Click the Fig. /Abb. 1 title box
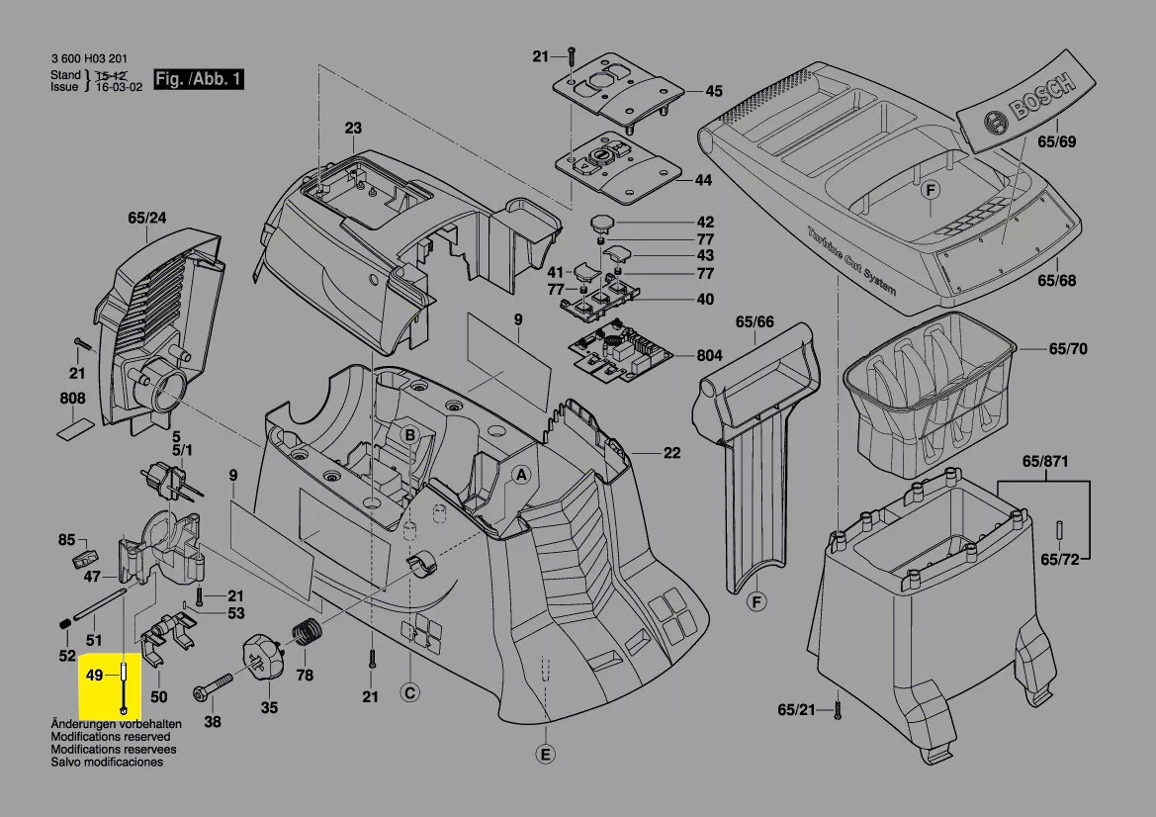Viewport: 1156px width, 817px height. coord(198,79)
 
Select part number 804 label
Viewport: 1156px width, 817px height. coord(709,356)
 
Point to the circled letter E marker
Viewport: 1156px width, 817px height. coord(544,755)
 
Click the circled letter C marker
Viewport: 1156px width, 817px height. coord(409,692)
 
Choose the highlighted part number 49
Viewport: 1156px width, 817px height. coord(95,675)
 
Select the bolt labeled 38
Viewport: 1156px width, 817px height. coord(213,683)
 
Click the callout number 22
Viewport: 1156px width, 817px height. coord(672,454)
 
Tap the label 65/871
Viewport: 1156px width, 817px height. coord(1045,462)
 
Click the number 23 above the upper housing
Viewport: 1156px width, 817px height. coord(353,128)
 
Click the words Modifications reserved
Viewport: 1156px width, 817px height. coord(110,737)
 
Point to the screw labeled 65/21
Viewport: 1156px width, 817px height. coord(838,706)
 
